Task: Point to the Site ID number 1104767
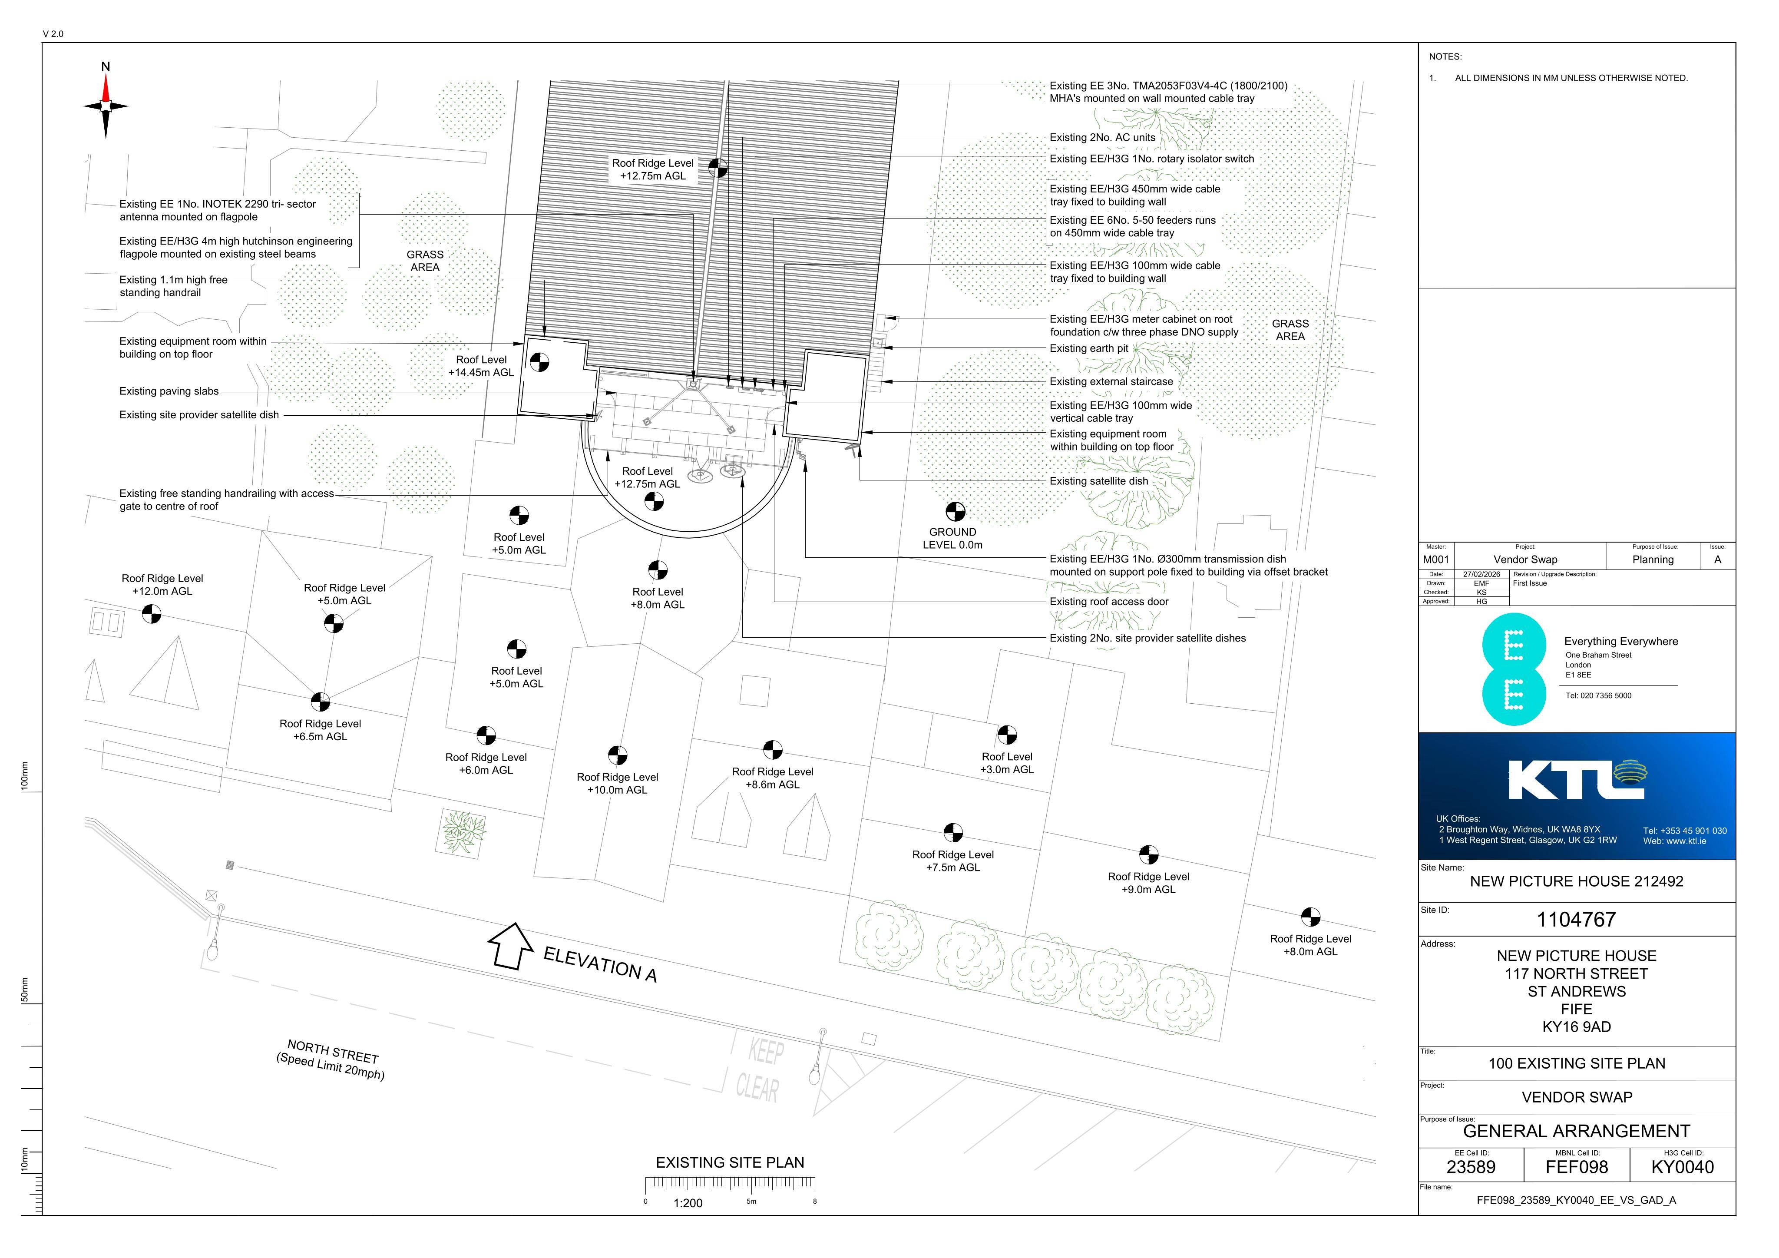(1576, 920)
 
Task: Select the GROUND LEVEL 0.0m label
(952, 539)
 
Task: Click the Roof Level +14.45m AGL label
(481, 366)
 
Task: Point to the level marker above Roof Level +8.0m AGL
(658, 570)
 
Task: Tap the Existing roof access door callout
(1109, 602)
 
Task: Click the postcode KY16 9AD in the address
(1576, 1027)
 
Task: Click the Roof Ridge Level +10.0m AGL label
(618, 784)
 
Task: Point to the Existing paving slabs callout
(169, 391)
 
